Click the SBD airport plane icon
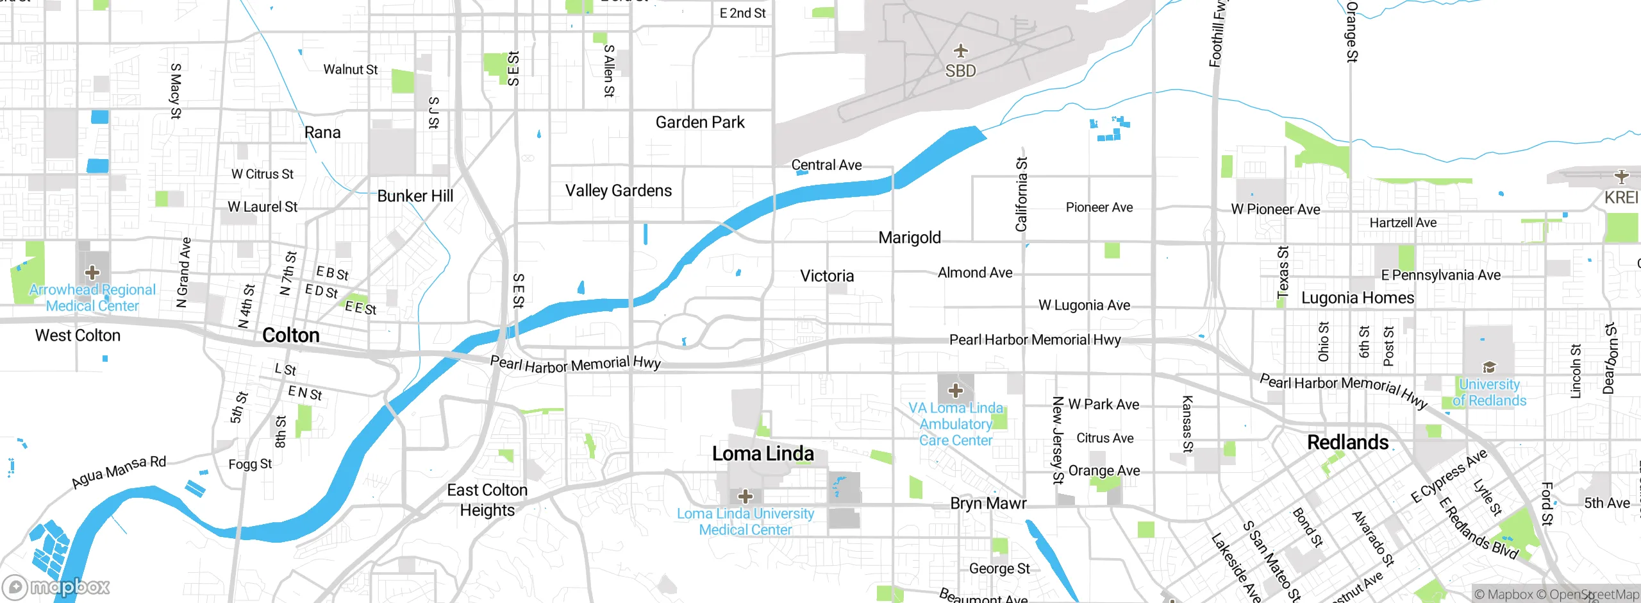click(960, 51)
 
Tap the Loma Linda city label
click(763, 454)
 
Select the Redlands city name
click(1347, 442)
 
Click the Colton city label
click(290, 335)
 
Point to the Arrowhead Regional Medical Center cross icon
click(92, 273)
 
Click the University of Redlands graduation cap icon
click(1489, 367)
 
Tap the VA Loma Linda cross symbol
click(955, 390)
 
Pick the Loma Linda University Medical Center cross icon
click(745, 496)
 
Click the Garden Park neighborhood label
click(699, 122)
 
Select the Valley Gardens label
click(618, 191)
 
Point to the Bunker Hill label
click(415, 196)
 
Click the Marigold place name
click(910, 237)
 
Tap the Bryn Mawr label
click(988, 503)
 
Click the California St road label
click(1021, 194)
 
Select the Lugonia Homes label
click(1357, 298)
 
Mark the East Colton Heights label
click(487, 500)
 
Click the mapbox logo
click(56, 586)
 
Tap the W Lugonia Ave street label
click(1084, 305)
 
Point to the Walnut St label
click(350, 69)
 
